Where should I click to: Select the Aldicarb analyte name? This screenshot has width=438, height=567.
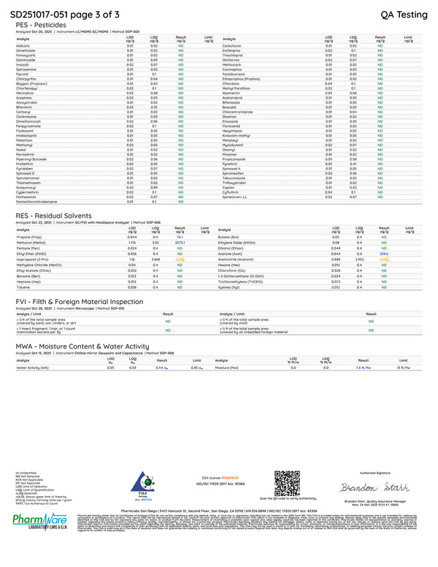[x=22, y=45]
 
